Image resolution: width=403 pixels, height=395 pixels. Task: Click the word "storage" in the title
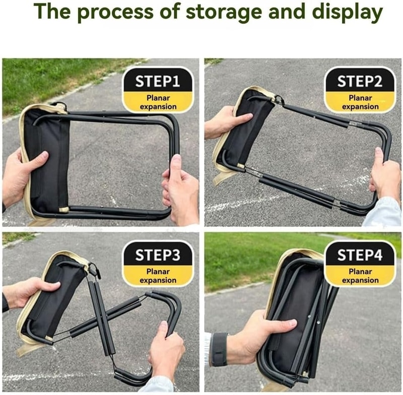pos(224,12)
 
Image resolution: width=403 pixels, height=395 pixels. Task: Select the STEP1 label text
pos(157,82)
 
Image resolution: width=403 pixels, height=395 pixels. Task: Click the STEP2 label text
pos(360,82)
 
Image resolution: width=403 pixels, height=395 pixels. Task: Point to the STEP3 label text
pos(158,255)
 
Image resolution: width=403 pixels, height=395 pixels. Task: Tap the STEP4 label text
pos(360,255)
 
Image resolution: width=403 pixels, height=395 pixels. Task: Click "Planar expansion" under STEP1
pos(158,102)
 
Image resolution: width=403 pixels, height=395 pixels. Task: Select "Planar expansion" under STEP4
pos(360,276)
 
